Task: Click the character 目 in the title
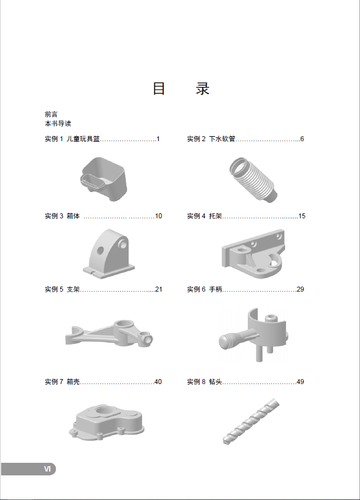click(159, 89)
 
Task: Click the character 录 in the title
click(202, 89)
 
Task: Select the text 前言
click(51, 114)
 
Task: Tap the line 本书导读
click(58, 124)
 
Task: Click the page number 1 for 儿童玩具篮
click(158, 139)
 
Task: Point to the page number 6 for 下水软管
click(301, 139)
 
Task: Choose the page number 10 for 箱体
click(159, 216)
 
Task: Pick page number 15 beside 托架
click(301, 216)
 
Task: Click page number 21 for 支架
click(159, 289)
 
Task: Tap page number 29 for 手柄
click(300, 289)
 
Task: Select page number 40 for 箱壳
click(158, 382)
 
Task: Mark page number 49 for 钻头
click(300, 382)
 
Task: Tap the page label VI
click(48, 469)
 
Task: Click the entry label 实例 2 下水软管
click(211, 139)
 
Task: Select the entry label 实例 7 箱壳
click(62, 382)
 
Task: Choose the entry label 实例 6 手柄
click(205, 289)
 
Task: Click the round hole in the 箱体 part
click(101, 251)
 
